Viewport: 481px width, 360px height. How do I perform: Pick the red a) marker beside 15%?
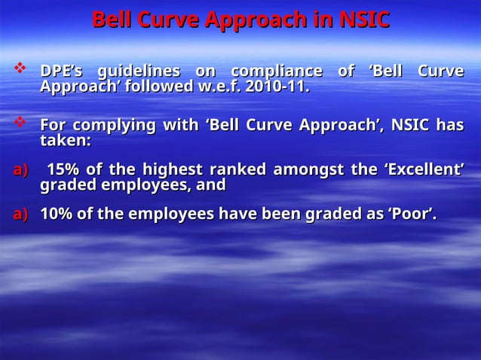coord(20,169)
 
